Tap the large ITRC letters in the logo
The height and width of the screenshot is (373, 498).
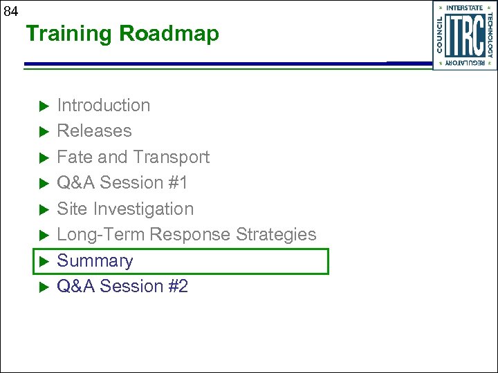tap(463, 36)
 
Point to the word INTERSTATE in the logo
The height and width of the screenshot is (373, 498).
tap(464, 8)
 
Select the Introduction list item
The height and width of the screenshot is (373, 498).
tap(103, 106)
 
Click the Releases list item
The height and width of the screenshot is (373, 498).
tap(94, 131)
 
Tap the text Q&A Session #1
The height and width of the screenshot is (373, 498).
tap(122, 183)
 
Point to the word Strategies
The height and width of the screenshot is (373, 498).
tap(276, 235)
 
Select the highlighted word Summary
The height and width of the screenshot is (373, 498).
tap(95, 261)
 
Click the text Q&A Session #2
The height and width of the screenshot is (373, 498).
tap(122, 287)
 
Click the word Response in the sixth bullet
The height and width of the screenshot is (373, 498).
tap(191, 235)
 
